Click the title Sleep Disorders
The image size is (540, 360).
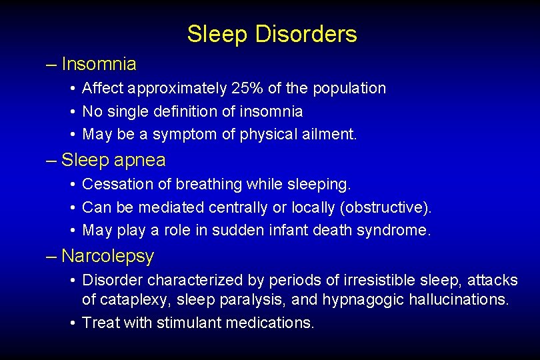pos(271,34)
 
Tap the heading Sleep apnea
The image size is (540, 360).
pos(113,161)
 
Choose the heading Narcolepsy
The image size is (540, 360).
pos(107,256)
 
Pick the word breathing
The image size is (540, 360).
pos(207,183)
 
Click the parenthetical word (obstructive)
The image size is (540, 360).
pos(385,207)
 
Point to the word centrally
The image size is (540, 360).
pos(238,207)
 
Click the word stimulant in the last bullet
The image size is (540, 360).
pos(189,323)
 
